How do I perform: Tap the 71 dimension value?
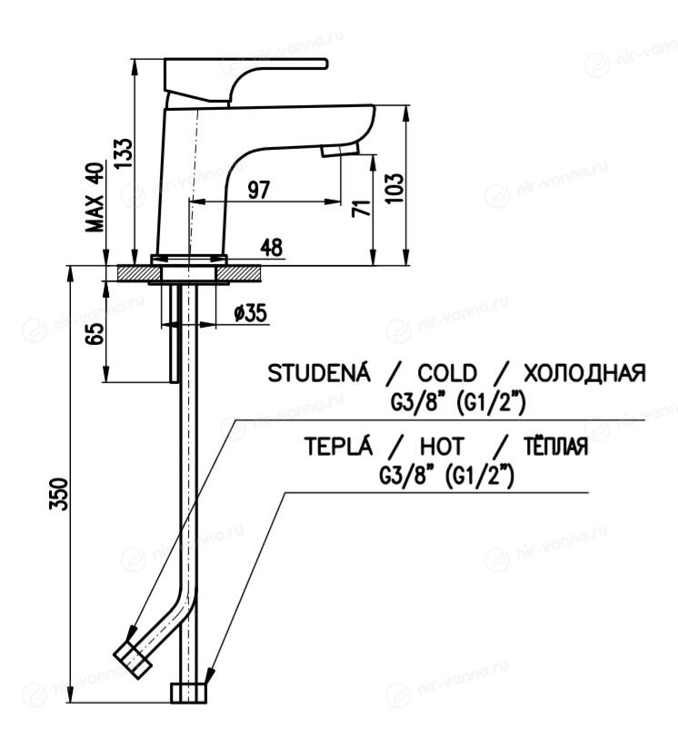[x=360, y=207]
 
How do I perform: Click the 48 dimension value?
[x=272, y=248]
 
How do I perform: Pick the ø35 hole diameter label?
[x=249, y=313]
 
